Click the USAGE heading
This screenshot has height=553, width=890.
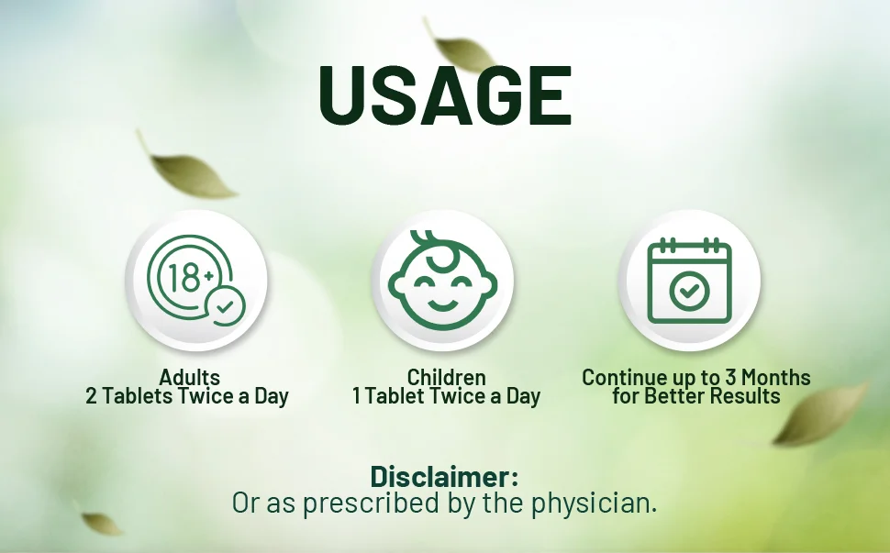pos(445,94)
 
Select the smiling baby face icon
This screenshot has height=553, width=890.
pos(443,279)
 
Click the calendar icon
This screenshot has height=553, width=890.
pos(690,281)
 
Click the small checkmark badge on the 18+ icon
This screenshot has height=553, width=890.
pos(226,306)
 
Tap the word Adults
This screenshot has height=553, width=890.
pos(190,377)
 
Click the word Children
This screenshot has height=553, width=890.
pos(446,377)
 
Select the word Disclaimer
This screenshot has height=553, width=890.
pos(444,477)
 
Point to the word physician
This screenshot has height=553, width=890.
pos(594,503)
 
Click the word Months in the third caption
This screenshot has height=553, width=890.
pos(776,377)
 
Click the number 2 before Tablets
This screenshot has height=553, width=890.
pos(91,396)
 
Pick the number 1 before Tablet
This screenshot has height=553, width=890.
pos(356,396)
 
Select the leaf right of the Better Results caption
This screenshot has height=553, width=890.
pos(821,414)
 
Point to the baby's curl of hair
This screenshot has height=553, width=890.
pos(435,249)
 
